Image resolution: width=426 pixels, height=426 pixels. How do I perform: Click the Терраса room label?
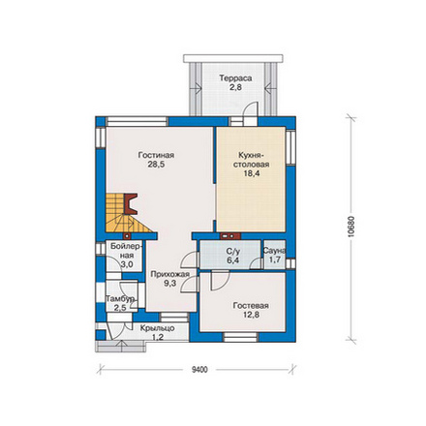coord(235,78)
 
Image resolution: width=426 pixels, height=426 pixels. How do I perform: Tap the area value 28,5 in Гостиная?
coord(156,165)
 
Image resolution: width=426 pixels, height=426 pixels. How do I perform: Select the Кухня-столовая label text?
coord(252,160)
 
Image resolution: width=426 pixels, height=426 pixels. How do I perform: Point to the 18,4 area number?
coord(252,173)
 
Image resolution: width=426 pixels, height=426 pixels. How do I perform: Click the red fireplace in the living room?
coord(131,204)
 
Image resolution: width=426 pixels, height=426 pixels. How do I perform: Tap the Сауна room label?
coord(274,251)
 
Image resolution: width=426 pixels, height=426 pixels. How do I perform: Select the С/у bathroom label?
coord(232,252)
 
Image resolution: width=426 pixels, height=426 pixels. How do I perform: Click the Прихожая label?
coord(169,274)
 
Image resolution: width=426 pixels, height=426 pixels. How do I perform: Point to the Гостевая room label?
coord(251,305)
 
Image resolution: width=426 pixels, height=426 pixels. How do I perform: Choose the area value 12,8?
coord(251,315)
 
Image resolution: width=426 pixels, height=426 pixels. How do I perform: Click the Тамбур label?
coord(120,299)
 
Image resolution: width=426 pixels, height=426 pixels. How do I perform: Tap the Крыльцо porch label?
coord(157,328)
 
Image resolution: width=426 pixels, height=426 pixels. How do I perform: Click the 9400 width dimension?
coord(199,370)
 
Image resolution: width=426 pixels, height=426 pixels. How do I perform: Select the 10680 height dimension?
coord(351,227)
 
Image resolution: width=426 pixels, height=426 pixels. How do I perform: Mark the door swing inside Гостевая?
coord(220,281)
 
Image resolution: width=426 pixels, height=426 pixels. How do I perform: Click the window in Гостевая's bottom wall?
coord(241,337)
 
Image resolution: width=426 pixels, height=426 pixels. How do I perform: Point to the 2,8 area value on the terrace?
coord(235,87)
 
